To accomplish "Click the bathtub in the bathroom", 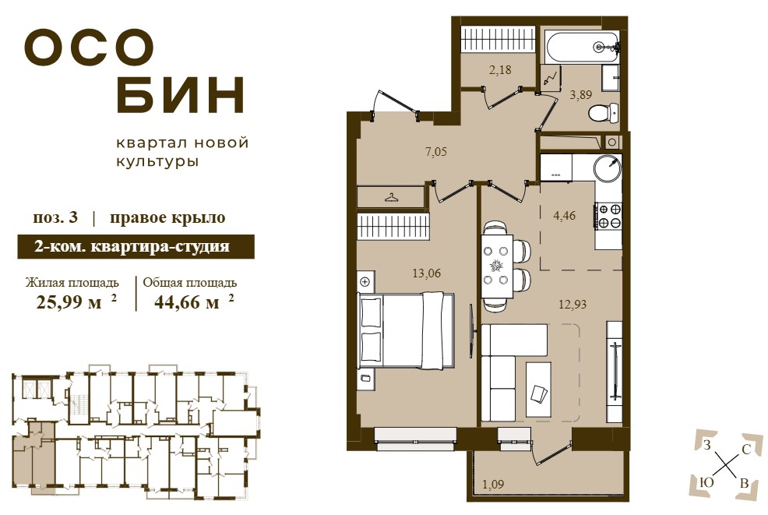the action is pyautogui.click(x=583, y=47).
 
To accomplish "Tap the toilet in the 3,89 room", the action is pyautogui.click(x=604, y=114).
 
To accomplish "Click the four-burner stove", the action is pyautogui.click(x=608, y=216).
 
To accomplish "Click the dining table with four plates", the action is pyautogui.click(x=497, y=266).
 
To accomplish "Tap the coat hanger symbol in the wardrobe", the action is pyautogui.click(x=391, y=197).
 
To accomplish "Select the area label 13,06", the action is pyautogui.click(x=427, y=273).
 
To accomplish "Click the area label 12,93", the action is pyautogui.click(x=572, y=305).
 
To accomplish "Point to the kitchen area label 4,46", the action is pyautogui.click(x=564, y=215).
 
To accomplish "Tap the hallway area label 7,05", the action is pyautogui.click(x=435, y=152).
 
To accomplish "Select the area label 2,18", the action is pyautogui.click(x=500, y=70).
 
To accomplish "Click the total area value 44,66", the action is pyautogui.click(x=187, y=302).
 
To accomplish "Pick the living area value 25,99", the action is pyautogui.click(x=69, y=302).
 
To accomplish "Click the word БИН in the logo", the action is pyautogui.click(x=180, y=94).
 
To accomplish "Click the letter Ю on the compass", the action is pyautogui.click(x=706, y=482).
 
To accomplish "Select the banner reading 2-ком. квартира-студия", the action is pyautogui.click(x=136, y=246).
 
